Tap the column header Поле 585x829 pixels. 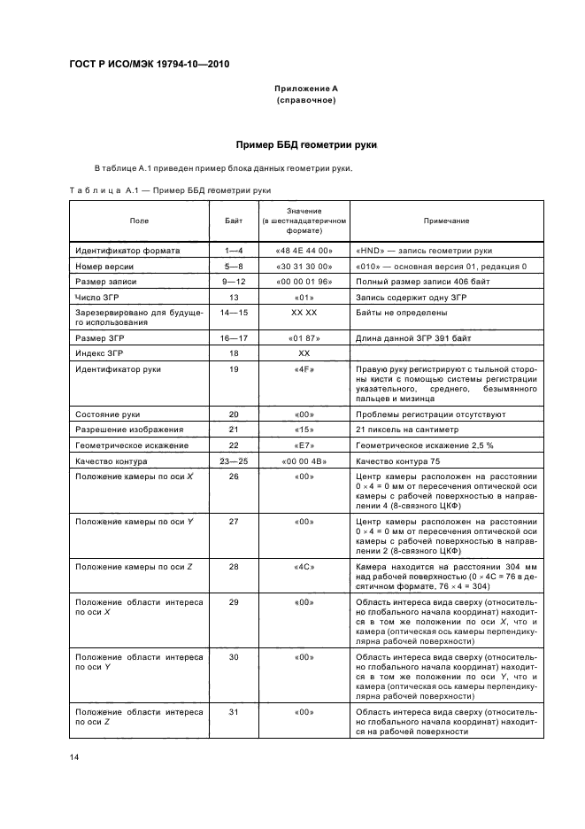[139, 220]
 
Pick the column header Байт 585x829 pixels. [235, 220]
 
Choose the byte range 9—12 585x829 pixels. [235, 281]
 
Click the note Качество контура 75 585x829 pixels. [397, 461]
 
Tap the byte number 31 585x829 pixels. [235, 711]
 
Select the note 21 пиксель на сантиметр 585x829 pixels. [404, 430]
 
